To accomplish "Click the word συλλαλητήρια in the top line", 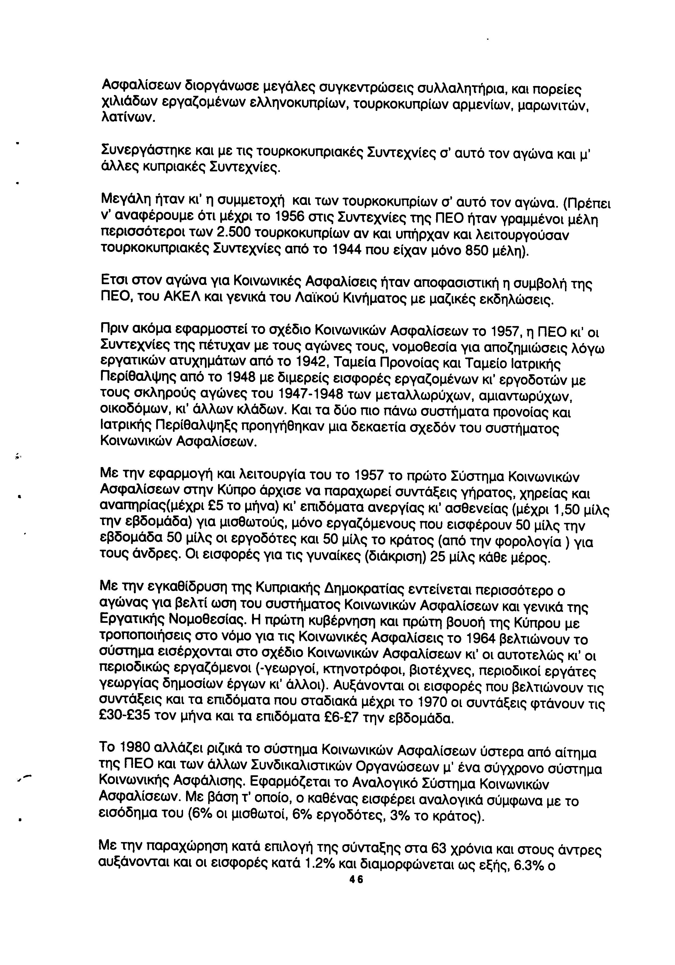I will [437, 89].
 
